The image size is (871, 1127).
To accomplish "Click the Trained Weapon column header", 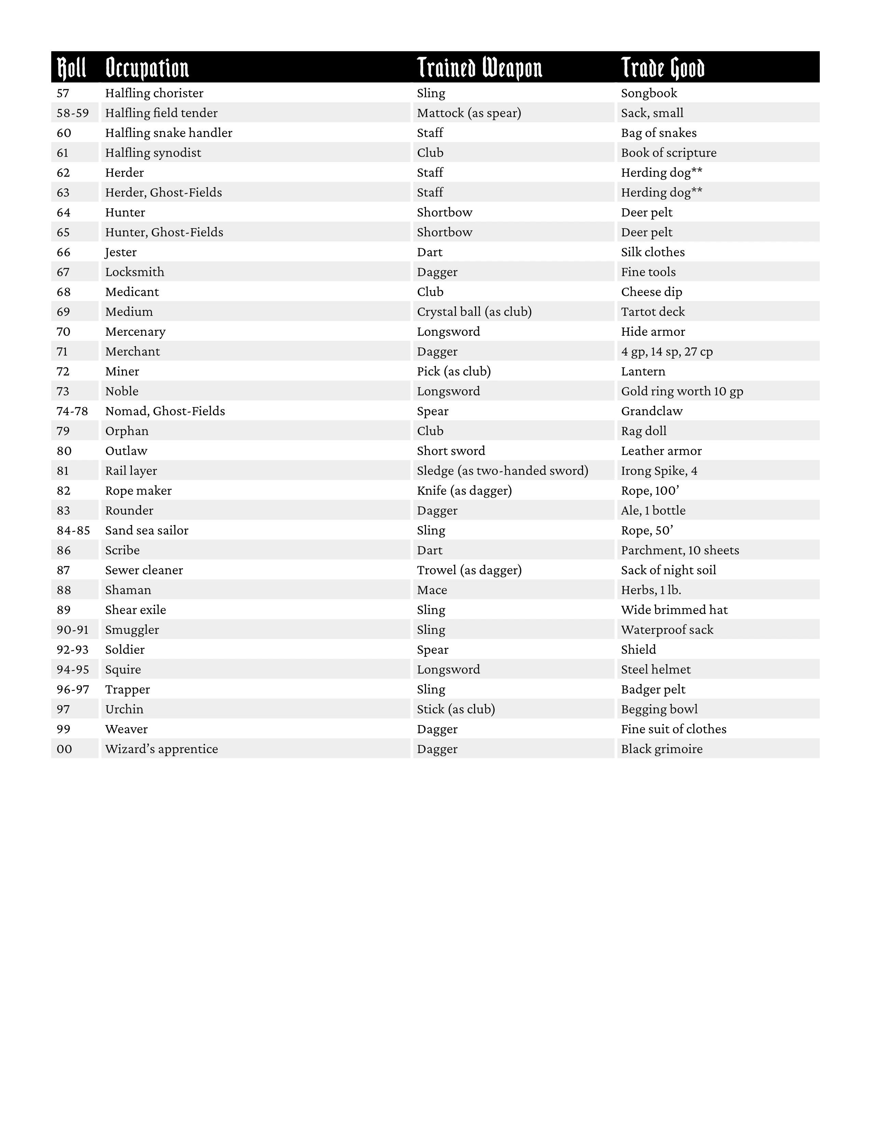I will (x=479, y=68).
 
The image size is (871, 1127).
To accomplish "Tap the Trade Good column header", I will (x=663, y=68).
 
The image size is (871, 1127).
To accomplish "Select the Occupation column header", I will (x=147, y=68).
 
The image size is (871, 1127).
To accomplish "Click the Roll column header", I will (x=71, y=68).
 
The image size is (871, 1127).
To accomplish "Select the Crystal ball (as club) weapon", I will (x=474, y=312).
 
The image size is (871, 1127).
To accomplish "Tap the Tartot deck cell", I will (x=653, y=312).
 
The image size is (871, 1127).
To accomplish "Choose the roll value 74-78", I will (x=72, y=411).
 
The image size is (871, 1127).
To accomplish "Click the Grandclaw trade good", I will (x=652, y=411).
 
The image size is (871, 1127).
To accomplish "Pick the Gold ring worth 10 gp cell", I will (x=682, y=391).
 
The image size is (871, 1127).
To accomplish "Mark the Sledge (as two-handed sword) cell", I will (x=502, y=471).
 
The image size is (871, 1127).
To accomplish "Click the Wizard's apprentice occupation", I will (x=162, y=749).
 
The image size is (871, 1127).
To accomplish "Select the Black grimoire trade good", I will (x=662, y=749).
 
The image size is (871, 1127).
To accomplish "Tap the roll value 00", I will (x=65, y=749).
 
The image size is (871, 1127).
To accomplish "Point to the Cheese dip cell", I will (x=651, y=292).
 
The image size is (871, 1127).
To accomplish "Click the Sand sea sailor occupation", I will (x=147, y=530).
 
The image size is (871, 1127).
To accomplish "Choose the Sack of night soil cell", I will (x=668, y=570).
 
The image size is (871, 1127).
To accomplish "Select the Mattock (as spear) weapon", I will (x=469, y=113).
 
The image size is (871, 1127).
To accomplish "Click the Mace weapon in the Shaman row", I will (x=432, y=590).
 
